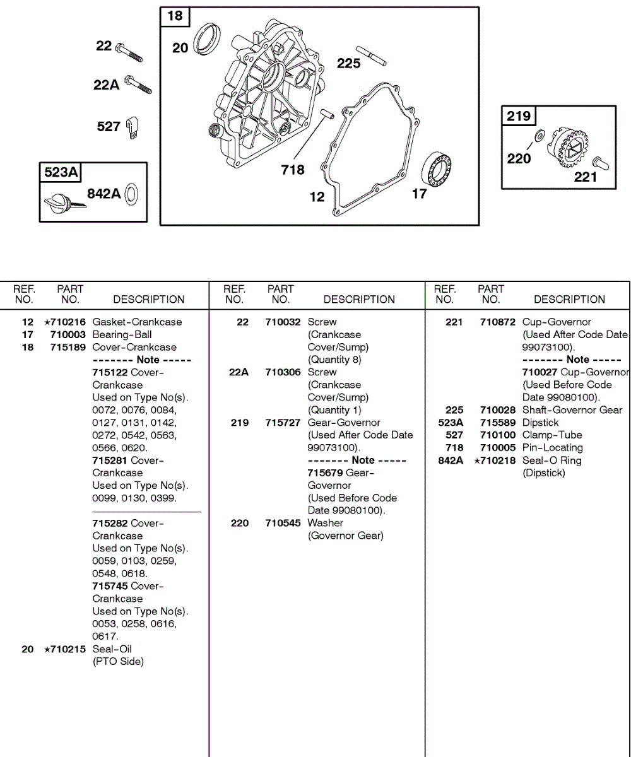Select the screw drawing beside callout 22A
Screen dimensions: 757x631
point(139,84)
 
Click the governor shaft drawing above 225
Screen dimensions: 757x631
point(370,54)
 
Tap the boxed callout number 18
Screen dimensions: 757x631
point(175,16)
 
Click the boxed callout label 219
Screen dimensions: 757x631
point(519,115)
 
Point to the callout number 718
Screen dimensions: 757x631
point(293,170)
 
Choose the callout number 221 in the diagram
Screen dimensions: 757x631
point(585,177)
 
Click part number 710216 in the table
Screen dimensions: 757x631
point(68,322)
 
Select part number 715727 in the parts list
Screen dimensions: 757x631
point(283,423)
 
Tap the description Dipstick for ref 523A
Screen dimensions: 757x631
point(540,423)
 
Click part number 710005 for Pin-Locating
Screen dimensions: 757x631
point(498,448)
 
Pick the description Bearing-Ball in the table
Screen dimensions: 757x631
point(122,334)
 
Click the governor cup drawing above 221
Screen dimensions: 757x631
point(600,162)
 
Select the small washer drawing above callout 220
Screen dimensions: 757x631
point(540,136)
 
